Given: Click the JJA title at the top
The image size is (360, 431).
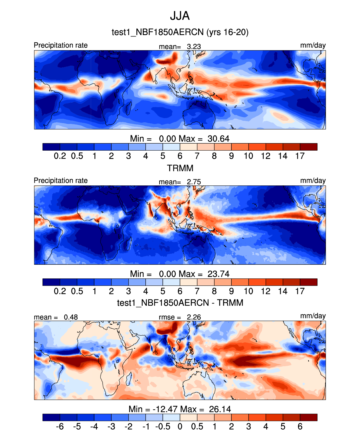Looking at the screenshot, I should click(x=180, y=16).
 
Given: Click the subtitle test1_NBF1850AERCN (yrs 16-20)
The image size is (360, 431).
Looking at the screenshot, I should click(x=180, y=32).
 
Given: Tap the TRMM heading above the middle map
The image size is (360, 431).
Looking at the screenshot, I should click(x=180, y=168).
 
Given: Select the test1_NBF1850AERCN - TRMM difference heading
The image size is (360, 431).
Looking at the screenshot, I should click(x=180, y=303).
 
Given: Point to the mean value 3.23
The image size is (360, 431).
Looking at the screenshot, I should click(x=194, y=47).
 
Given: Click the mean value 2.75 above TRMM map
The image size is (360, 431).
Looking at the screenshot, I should click(x=194, y=182).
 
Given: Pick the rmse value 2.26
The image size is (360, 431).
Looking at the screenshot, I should click(x=194, y=317).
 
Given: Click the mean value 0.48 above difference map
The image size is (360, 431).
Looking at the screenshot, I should click(x=71, y=317).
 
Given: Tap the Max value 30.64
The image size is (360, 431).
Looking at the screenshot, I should click(x=219, y=139).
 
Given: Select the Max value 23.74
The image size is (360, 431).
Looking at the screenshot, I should click(x=219, y=274).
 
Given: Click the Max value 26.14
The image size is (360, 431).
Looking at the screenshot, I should click(x=220, y=409).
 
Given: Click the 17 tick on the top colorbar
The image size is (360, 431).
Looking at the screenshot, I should click(x=300, y=156).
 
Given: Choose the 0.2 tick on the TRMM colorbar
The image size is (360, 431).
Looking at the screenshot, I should click(x=60, y=291).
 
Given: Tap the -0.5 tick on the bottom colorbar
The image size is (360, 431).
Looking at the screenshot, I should click(x=163, y=427).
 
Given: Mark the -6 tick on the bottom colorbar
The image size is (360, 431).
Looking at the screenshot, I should click(x=60, y=427).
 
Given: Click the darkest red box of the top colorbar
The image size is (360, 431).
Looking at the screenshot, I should click(x=308, y=147).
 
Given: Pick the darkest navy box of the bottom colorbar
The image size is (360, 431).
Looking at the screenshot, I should click(x=51, y=418).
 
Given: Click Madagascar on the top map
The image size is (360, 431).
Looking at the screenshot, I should click(x=129, y=108).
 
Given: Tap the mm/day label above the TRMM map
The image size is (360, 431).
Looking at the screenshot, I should click(x=313, y=181).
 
